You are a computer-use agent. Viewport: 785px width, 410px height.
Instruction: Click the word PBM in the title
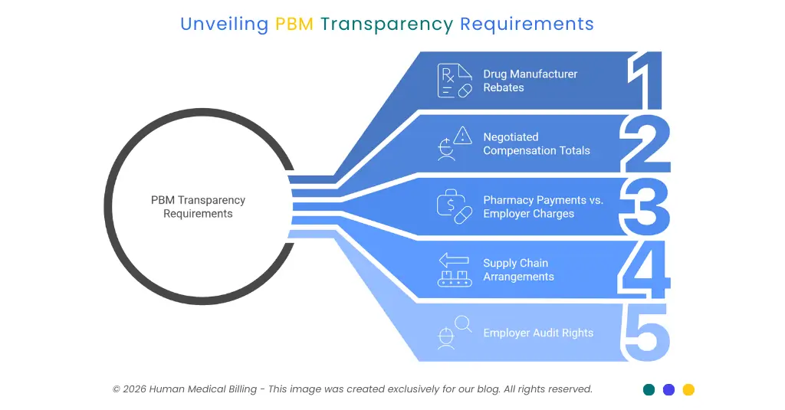tap(294, 24)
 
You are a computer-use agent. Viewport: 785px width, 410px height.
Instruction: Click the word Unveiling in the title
tap(224, 24)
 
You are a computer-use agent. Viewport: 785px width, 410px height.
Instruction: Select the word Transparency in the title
tap(386, 24)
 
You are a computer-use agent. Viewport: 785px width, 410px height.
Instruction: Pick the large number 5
tap(646, 333)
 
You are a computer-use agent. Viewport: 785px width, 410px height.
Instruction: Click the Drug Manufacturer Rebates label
tap(530, 80)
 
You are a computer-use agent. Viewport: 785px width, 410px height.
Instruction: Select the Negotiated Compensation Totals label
tap(536, 143)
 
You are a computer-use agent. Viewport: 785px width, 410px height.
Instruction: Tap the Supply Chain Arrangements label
tap(518, 270)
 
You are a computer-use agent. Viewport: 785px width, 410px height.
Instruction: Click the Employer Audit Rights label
tap(537, 333)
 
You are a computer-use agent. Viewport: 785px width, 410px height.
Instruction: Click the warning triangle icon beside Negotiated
tap(463, 136)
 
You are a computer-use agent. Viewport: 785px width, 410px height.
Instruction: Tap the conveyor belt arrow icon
tap(454, 270)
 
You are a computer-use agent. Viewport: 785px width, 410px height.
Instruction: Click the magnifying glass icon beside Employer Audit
tap(463, 324)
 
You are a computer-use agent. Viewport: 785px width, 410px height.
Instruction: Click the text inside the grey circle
tap(198, 207)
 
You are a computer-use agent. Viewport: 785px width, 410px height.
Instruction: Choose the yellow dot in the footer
tap(688, 389)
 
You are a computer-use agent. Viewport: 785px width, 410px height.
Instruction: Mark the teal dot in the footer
tap(649, 389)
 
